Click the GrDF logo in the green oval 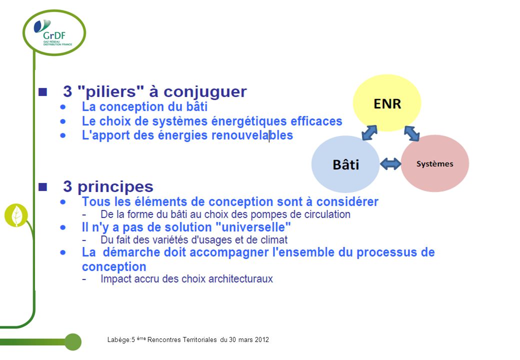(53, 32)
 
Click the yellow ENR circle (387, 103)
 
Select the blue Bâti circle (345, 164)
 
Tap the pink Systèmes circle (435, 163)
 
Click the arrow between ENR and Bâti (369, 132)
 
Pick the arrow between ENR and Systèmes (412, 133)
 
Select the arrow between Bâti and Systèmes (390, 164)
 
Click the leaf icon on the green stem (16, 215)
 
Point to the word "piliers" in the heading (110, 91)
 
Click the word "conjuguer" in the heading (205, 92)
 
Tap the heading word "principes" (115, 187)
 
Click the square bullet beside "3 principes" (42, 187)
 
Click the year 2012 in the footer (262, 340)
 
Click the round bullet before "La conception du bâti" (63, 107)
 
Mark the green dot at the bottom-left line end (73, 342)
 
